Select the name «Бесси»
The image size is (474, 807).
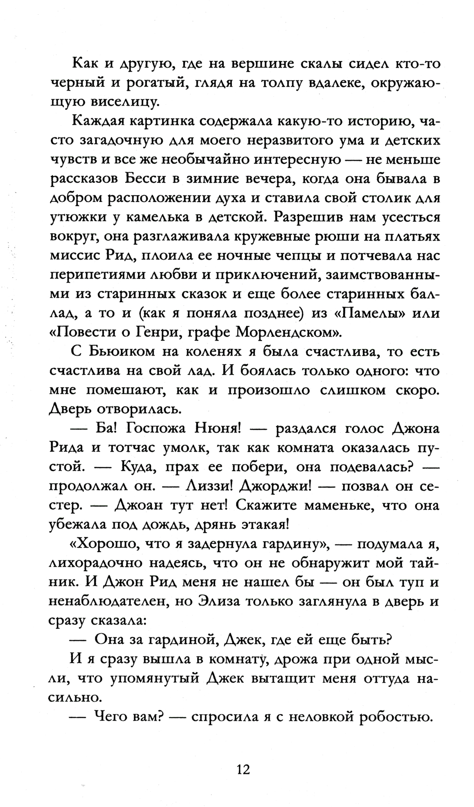point(143,179)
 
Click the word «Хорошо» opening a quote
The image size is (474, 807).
point(106,544)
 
